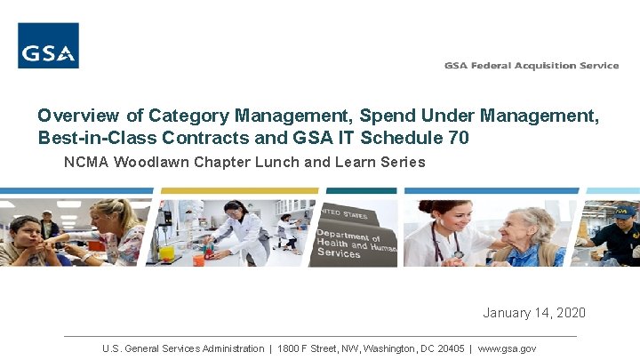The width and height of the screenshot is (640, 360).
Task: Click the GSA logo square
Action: click(48, 45)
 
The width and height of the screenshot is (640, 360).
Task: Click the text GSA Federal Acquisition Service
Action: click(532, 65)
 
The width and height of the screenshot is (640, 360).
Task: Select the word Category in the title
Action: click(189, 116)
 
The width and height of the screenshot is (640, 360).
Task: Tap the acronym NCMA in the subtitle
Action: click(84, 162)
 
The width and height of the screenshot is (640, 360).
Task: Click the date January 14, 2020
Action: click(534, 313)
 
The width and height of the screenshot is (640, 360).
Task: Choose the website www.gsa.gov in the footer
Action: click(507, 348)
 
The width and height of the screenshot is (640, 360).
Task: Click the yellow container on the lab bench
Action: click(166, 252)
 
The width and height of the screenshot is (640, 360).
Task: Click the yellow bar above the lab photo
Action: click(237, 190)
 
